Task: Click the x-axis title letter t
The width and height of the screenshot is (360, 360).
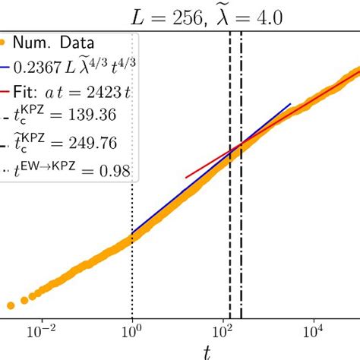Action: (207, 350)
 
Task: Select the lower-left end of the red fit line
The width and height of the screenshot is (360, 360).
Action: (186, 178)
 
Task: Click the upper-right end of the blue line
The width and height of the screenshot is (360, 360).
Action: (291, 104)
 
